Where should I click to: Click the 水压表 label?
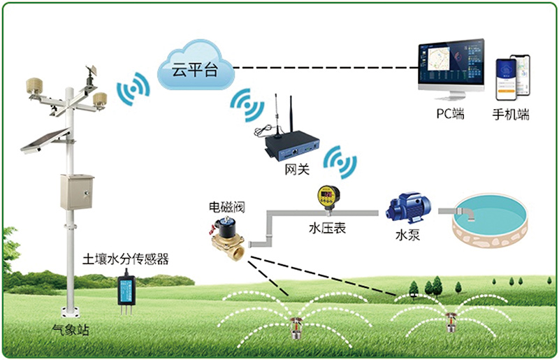point(328,228)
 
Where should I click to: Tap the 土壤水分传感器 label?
point(126,260)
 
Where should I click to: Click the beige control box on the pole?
point(76,192)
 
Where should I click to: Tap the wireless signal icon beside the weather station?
point(133,89)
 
